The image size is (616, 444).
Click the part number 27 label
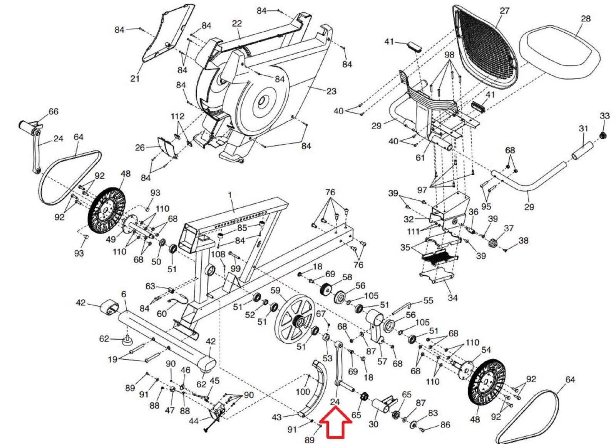[504, 11]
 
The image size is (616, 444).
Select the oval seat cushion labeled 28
[560, 52]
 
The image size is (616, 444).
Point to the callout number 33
[604, 116]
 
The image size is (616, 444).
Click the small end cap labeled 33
[604, 135]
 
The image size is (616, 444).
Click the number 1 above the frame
[230, 195]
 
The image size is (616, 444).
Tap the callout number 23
[331, 92]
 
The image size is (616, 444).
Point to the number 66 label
[53, 112]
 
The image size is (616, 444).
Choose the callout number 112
[177, 116]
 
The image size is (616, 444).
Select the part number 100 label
[303, 392]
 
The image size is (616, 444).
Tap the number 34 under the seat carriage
[452, 298]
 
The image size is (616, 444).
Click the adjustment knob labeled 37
[494, 244]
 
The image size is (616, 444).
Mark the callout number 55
[428, 300]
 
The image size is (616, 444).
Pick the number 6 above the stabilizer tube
[123, 295]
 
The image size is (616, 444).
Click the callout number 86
[445, 425]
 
